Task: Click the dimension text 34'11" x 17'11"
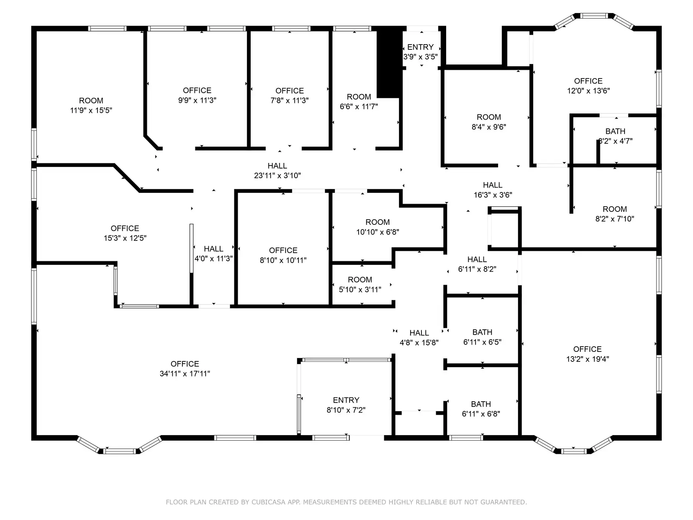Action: pos(185,374)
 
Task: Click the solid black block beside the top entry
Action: pos(389,63)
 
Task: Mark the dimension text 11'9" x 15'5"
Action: pos(91,110)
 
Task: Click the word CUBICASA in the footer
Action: pos(269,502)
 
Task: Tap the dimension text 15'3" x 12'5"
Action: pos(125,238)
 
